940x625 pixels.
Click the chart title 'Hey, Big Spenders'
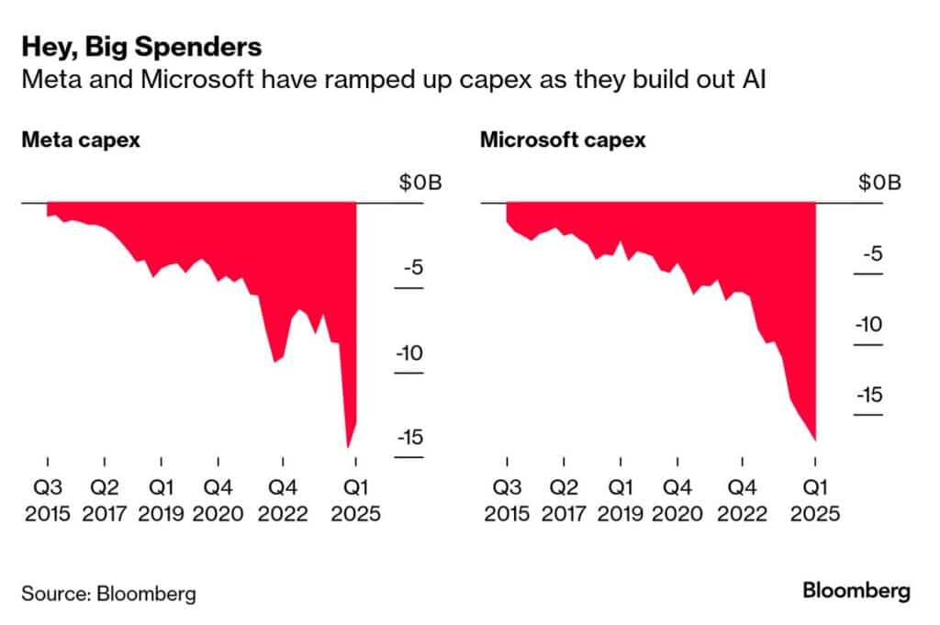tap(141, 48)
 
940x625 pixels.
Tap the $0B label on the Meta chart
tap(420, 182)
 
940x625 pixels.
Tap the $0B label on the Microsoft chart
tap(880, 182)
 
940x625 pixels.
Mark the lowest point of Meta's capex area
tap(347, 447)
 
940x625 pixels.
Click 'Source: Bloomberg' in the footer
tap(108, 594)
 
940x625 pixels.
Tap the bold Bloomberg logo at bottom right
tap(856, 591)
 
